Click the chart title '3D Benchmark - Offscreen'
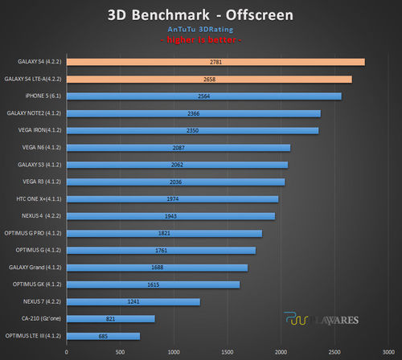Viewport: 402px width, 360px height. [x=200, y=15]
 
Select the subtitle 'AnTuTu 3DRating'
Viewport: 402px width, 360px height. [x=200, y=30]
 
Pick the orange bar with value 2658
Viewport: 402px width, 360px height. [x=209, y=79]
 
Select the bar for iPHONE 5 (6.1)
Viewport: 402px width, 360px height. [x=204, y=96]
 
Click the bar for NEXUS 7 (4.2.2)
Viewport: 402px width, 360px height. [x=133, y=301]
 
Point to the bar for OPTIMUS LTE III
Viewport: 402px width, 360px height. [x=103, y=336]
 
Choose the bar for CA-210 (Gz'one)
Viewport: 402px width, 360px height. [x=110, y=319]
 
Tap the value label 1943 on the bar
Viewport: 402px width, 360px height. [x=171, y=216]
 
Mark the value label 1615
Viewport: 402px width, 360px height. [x=154, y=284]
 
